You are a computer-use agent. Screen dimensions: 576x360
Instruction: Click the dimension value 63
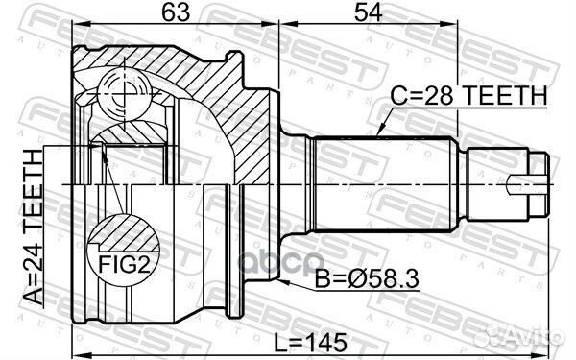(x=177, y=12)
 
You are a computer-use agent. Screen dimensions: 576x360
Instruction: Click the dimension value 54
(x=368, y=12)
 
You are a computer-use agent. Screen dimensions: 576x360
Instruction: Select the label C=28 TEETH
(x=468, y=95)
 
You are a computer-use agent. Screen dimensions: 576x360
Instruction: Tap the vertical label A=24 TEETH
(x=34, y=227)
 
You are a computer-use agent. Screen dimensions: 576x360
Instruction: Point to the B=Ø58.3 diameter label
(x=367, y=278)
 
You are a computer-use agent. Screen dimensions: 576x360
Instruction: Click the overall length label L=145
(x=311, y=343)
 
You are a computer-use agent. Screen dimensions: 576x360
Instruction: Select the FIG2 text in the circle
(x=125, y=265)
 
